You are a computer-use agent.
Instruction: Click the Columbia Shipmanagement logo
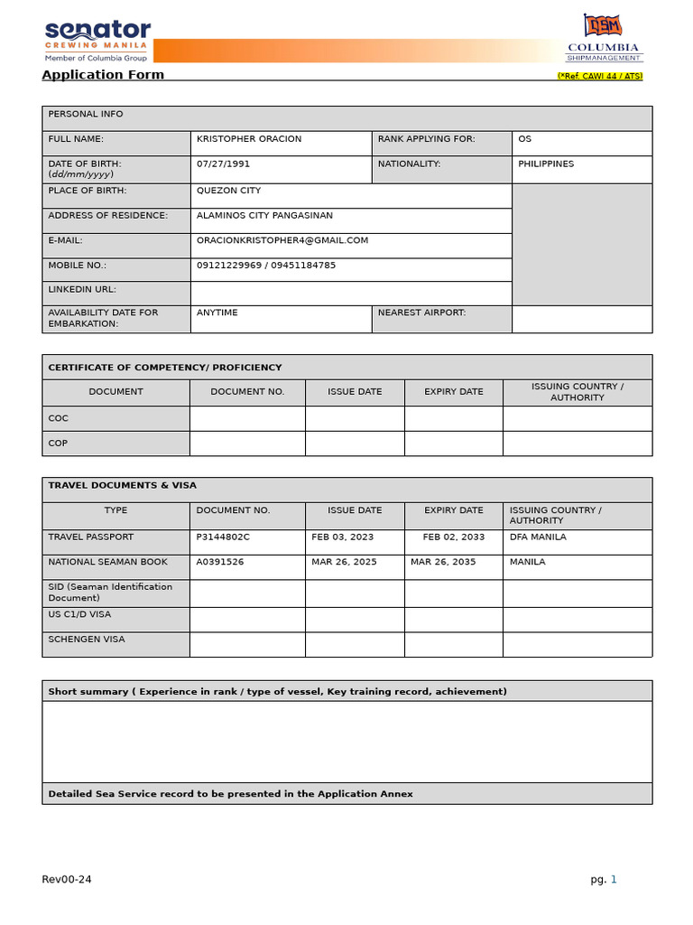click(603, 38)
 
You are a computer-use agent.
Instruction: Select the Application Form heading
click(103, 75)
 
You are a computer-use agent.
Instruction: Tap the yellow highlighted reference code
click(599, 76)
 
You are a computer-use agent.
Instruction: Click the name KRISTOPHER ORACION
click(249, 139)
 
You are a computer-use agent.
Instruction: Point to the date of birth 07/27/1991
click(224, 164)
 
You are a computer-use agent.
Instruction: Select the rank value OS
click(524, 139)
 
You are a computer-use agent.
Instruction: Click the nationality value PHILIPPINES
click(546, 164)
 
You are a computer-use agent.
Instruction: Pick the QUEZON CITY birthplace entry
click(228, 191)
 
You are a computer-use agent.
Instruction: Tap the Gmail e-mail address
click(282, 240)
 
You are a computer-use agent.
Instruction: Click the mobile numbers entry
click(266, 266)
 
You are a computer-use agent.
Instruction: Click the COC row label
click(58, 418)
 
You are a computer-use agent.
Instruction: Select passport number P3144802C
click(223, 537)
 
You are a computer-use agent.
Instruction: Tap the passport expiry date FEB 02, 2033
click(453, 537)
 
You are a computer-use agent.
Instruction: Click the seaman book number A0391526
click(219, 562)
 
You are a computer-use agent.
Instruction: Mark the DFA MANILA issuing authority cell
click(538, 537)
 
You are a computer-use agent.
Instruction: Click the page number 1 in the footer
click(614, 879)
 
